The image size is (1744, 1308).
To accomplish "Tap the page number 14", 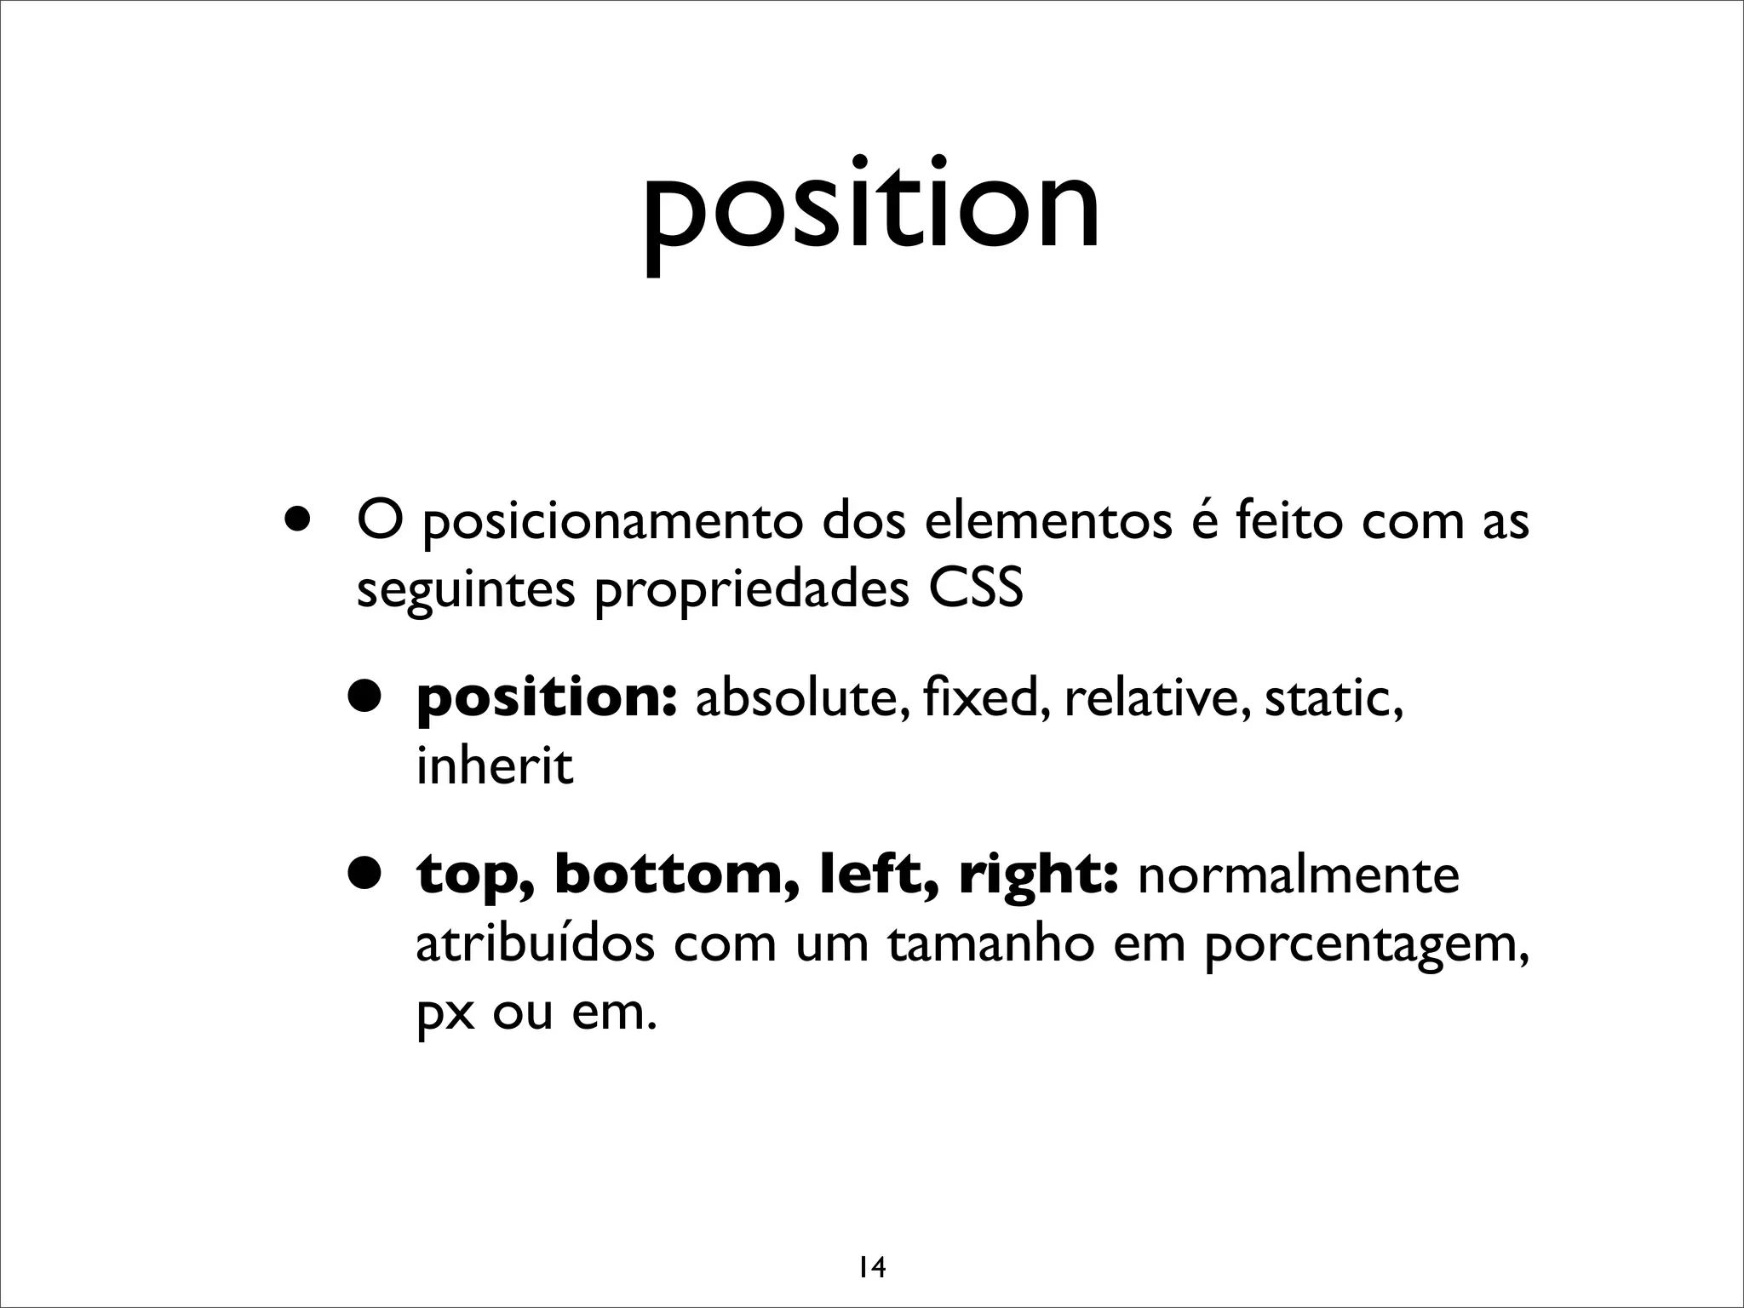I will [871, 1245].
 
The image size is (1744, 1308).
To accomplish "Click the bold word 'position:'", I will [546, 700].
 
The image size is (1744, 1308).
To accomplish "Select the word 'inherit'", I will [494, 766].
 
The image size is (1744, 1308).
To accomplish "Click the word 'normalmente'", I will [1298, 875].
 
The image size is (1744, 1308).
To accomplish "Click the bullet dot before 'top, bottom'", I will [365, 873].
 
